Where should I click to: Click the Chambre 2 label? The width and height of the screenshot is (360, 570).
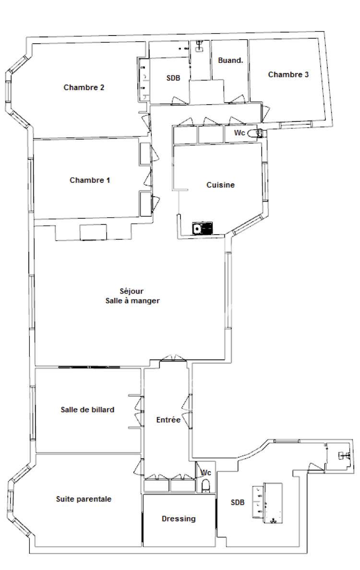(x=84, y=88)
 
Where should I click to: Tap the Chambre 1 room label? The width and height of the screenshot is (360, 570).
(x=90, y=180)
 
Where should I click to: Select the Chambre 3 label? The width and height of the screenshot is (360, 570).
(x=288, y=74)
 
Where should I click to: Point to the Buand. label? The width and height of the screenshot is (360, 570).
(x=230, y=60)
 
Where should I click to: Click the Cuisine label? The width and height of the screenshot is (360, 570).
(x=220, y=185)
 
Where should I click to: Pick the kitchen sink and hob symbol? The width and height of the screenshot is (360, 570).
(x=203, y=229)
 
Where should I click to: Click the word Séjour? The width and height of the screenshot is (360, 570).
(x=132, y=292)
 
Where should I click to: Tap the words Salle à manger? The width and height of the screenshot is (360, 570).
(x=132, y=301)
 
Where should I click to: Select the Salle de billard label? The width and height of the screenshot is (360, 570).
(x=87, y=410)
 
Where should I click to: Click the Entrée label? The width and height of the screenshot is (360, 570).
(x=168, y=420)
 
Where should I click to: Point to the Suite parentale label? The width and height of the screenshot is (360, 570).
(x=84, y=499)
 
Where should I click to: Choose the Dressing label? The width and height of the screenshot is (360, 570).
(x=179, y=519)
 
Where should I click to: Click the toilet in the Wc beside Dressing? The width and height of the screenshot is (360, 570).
(x=206, y=486)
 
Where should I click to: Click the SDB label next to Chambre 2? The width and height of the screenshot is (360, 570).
(x=173, y=78)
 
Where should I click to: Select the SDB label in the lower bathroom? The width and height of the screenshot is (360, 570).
(x=238, y=503)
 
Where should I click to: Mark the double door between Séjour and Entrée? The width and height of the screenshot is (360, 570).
(x=174, y=358)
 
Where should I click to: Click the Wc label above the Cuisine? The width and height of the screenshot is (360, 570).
(x=239, y=133)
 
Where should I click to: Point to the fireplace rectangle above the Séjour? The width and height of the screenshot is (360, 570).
(x=94, y=232)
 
